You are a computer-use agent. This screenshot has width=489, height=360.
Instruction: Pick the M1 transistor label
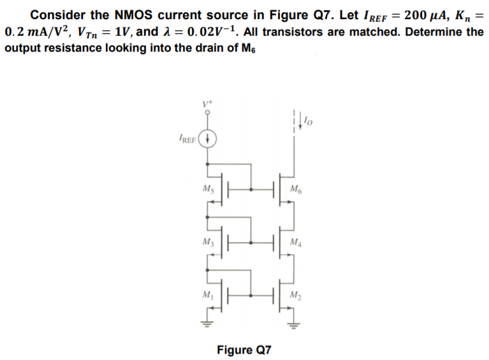point(207,295)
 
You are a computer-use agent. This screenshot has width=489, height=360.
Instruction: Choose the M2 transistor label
point(294,295)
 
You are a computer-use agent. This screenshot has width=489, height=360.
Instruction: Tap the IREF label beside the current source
point(187,138)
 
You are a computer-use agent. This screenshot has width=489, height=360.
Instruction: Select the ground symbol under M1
point(207,321)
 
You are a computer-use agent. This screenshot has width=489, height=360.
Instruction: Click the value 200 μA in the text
point(418,14)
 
